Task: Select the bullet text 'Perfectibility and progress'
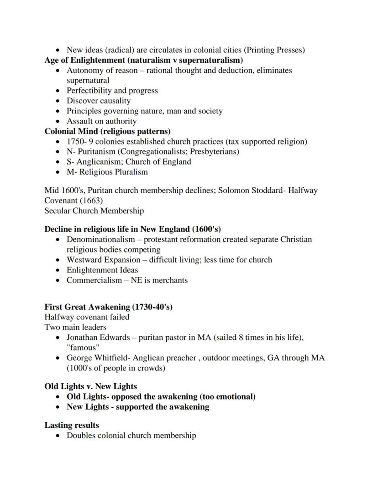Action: pyautogui.click(x=112, y=91)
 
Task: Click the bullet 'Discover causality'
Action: pyautogui.click(x=99, y=101)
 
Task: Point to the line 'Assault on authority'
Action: pyautogui.click(x=101, y=121)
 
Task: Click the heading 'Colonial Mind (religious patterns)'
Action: pyautogui.click(x=107, y=131)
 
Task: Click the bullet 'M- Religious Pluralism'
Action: pyautogui.click(x=107, y=172)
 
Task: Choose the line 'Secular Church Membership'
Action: pyautogui.click(x=94, y=211)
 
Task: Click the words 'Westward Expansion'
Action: pyautogui.click(x=104, y=260)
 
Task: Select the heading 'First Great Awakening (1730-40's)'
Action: pyautogui.click(x=108, y=307)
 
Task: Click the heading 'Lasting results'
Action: pyautogui.click(x=72, y=425)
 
